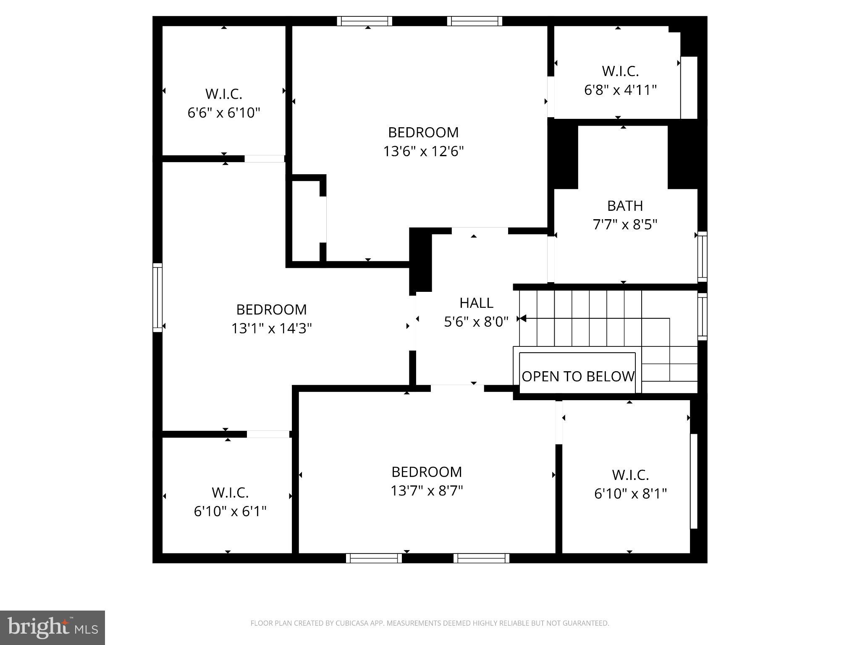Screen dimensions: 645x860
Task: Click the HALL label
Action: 476,303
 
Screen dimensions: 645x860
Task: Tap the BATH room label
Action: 625,206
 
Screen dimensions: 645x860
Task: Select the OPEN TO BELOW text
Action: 578,376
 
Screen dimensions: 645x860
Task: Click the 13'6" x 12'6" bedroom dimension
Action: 423,151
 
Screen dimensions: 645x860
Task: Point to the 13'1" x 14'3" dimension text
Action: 272,328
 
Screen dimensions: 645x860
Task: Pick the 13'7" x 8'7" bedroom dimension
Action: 427,490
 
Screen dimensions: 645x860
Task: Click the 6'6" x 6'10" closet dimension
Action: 224,113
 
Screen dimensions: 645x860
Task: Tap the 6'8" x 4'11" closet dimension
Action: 620,90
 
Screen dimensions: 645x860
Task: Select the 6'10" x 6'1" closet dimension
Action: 230,511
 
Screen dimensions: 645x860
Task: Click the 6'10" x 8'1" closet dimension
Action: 630,493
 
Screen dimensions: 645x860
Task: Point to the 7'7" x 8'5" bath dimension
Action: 625,225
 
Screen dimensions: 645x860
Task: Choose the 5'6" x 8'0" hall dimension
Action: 476,322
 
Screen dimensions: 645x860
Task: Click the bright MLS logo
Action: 52,627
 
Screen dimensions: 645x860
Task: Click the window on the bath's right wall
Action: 702,256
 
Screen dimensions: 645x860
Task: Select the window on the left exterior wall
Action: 157,297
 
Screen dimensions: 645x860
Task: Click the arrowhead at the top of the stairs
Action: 522,319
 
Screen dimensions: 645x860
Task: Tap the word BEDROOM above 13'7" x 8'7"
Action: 427,472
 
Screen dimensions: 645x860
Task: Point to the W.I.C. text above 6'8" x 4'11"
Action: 620,71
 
